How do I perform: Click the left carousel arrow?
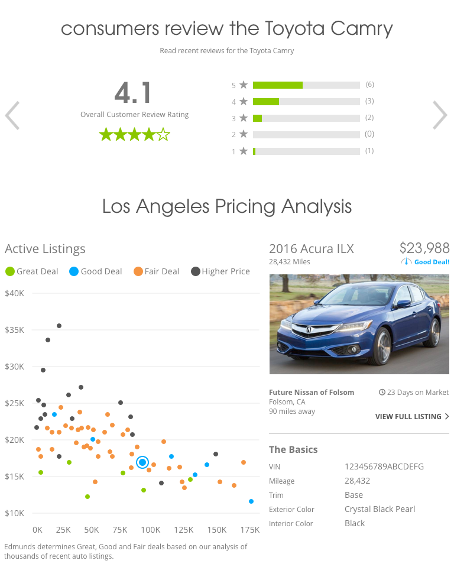[x=12, y=115]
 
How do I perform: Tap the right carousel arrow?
[x=440, y=115]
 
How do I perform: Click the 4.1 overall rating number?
[x=134, y=93]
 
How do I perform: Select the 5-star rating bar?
[x=306, y=85]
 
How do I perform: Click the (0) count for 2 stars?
[x=369, y=134]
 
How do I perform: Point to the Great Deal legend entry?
[x=32, y=271]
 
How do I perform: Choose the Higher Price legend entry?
[x=220, y=271]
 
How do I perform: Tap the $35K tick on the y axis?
[x=14, y=330]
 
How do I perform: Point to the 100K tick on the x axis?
[x=151, y=529]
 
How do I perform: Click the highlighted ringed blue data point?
[x=142, y=462]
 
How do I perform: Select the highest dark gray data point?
[x=59, y=326]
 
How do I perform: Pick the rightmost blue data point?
[x=251, y=501]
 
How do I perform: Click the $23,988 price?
[x=424, y=248]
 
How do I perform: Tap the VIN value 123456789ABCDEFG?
[x=384, y=467]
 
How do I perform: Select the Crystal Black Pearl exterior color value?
[x=380, y=510]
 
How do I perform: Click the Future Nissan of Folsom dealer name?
[x=312, y=392]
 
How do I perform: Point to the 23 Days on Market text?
[x=414, y=392]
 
